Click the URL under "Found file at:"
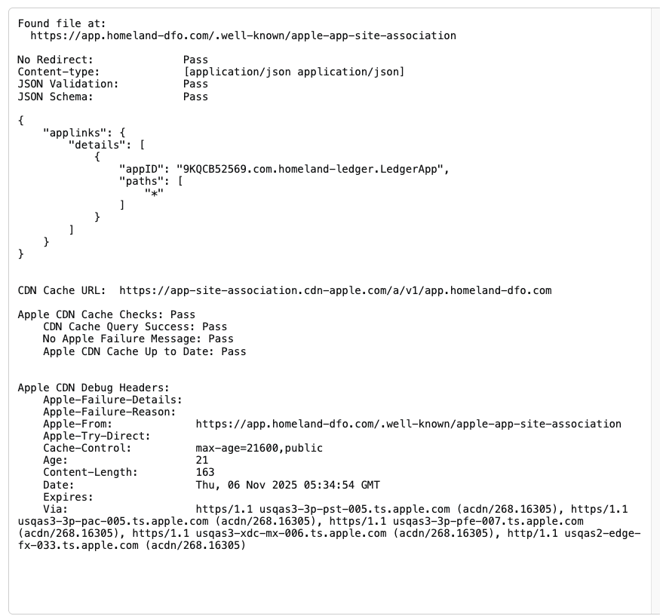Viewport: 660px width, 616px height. [x=243, y=35]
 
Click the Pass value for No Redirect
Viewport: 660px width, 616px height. [x=195, y=60]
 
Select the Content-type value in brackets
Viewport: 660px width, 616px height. [x=293, y=72]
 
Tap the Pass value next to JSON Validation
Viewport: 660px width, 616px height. [x=195, y=84]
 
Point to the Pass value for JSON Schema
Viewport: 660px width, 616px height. [x=195, y=97]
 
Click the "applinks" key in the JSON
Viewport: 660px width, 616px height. [x=75, y=133]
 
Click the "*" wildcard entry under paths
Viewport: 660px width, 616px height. [x=154, y=193]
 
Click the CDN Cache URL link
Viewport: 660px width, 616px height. [x=335, y=290]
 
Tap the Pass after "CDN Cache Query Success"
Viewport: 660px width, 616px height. [x=214, y=326]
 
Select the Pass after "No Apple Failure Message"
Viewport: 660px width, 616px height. [x=221, y=339]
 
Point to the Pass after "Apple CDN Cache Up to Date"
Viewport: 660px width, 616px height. [x=233, y=351]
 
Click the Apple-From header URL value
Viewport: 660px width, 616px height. [x=408, y=424]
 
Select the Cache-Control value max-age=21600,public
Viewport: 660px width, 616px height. [x=259, y=448]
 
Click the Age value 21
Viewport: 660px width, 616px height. [x=201, y=460]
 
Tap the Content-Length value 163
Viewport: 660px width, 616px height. [x=205, y=473]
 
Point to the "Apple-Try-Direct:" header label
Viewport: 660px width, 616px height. [x=97, y=436]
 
